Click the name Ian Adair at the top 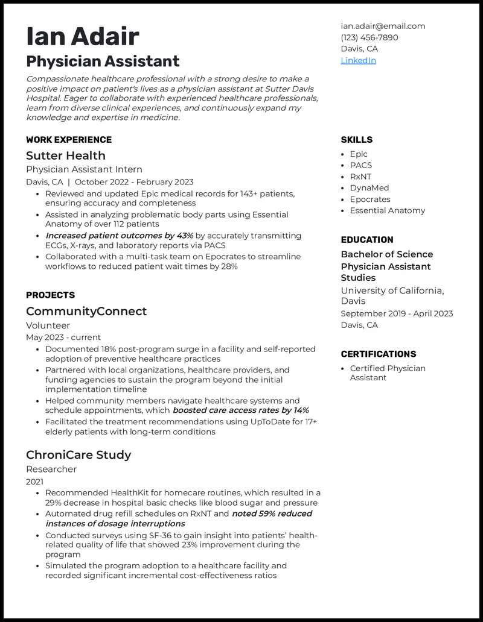point(83,37)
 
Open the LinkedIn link point(358,60)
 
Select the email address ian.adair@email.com point(383,26)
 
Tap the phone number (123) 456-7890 point(369,37)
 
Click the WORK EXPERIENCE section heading point(68,140)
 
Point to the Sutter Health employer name point(65,155)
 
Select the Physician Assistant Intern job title point(84,169)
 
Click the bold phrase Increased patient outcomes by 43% point(120,236)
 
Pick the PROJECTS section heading point(50,295)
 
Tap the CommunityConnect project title point(86,311)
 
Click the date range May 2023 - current point(63,338)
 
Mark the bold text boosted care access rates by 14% point(241,410)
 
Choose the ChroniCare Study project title point(78,454)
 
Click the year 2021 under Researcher point(34,482)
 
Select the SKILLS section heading point(356,140)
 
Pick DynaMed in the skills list point(369,188)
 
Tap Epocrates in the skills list point(370,199)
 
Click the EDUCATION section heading point(366,240)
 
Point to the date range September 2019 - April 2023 point(397,313)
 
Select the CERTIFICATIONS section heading point(378,354)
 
